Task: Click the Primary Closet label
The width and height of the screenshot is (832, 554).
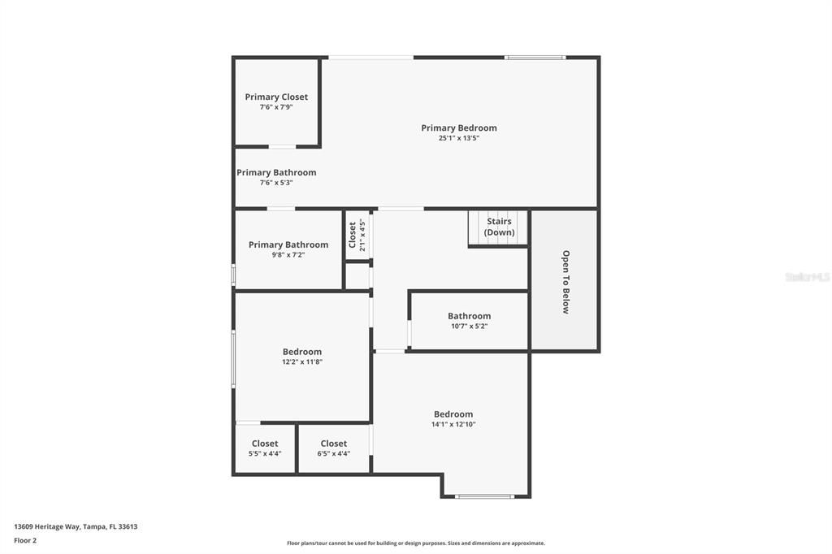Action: (276, 97)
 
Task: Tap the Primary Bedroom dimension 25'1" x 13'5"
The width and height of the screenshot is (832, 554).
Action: (459, 138)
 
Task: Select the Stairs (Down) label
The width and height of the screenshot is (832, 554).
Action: (499, 227)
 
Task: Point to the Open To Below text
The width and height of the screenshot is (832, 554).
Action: (565, 281)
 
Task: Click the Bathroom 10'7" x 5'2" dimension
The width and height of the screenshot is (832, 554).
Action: (469, 327)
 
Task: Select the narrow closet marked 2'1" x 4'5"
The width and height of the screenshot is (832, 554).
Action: (357, 236)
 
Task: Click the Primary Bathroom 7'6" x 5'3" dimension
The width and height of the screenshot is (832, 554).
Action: (276, 183)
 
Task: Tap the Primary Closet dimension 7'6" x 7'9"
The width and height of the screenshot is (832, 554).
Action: (276, 107)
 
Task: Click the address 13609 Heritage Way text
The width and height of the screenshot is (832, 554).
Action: (76, 526)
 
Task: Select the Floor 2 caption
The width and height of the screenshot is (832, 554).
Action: (25, 540)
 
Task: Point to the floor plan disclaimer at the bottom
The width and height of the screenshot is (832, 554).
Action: (415, 543)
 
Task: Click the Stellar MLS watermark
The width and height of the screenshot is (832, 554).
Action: (807, 277)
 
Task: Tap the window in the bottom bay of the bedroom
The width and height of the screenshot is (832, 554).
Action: (485, 496)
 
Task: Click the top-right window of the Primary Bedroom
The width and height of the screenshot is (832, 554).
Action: (535, 57)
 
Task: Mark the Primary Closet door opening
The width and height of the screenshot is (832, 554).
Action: (282, 146)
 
